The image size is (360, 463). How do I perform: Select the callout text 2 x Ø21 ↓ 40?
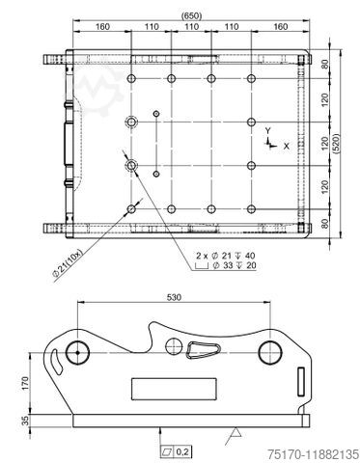(224, 255)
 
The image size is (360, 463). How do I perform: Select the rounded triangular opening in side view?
(205, 351)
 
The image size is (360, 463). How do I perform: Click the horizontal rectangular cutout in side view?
(163, 389)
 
